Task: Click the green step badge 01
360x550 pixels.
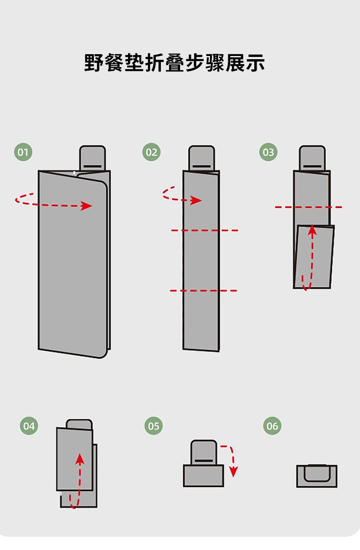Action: pyautogui.click(x=23, y=152)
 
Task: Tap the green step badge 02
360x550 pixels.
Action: pyautogui.click(x=151, y=152)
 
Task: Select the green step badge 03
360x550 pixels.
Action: pyautogui.click(x=268, y=152)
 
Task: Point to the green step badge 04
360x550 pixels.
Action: pyautogui.click(x=29, y=426)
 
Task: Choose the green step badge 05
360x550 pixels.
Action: pyautogui.click(x=154, y=426)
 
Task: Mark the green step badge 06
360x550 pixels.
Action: pyautogui.click(x=272, y=426)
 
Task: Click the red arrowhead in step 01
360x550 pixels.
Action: pyautogui.click(x=86, y=206)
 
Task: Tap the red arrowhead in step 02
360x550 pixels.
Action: pyautogui.click(x=196, y=200)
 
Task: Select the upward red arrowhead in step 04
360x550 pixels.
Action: pyautogui.click(x=80, y=458)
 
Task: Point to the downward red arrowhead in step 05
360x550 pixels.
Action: pyautogui.click(x=233, y=472)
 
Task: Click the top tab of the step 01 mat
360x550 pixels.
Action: pyautogui.click(x=93, y=158)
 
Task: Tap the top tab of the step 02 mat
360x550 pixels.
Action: pyautogui.click(x=201, y=158)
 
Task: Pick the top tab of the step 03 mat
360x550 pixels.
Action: pyautogui.click(x=312, y=158)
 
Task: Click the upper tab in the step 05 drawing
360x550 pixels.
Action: pyautogui.click(x=204, y=452)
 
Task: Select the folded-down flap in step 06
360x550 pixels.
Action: pyautogui.click(x=317, y=473)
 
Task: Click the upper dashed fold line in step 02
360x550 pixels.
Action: pyautogui.click(x=205, y=230)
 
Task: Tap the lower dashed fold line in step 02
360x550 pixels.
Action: pyautogui.click(x=203, y=291)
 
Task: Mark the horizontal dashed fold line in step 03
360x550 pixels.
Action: pyautogui.click(x=309, y=207)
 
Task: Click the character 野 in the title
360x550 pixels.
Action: pyautogui.click(x=93, y=63)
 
